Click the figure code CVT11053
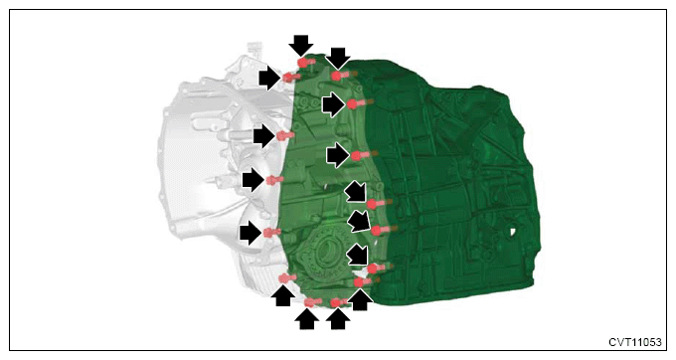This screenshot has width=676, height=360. click(634, 342)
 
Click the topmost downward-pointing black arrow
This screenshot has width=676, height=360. click(300, 46)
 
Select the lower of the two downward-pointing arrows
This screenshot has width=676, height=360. click(338, 58)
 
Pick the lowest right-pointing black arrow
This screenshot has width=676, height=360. click(251, 233)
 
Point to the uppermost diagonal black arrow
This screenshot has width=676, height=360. click(357, 191)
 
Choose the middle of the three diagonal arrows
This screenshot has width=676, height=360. click(359, 222)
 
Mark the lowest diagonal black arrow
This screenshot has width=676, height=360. click(358, 255)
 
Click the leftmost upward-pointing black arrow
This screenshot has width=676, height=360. click(283, 296)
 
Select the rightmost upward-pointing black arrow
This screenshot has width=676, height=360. click(360, 299)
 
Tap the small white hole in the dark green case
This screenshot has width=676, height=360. click(513, 232)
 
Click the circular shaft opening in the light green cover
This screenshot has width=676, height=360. click(327, 252)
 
